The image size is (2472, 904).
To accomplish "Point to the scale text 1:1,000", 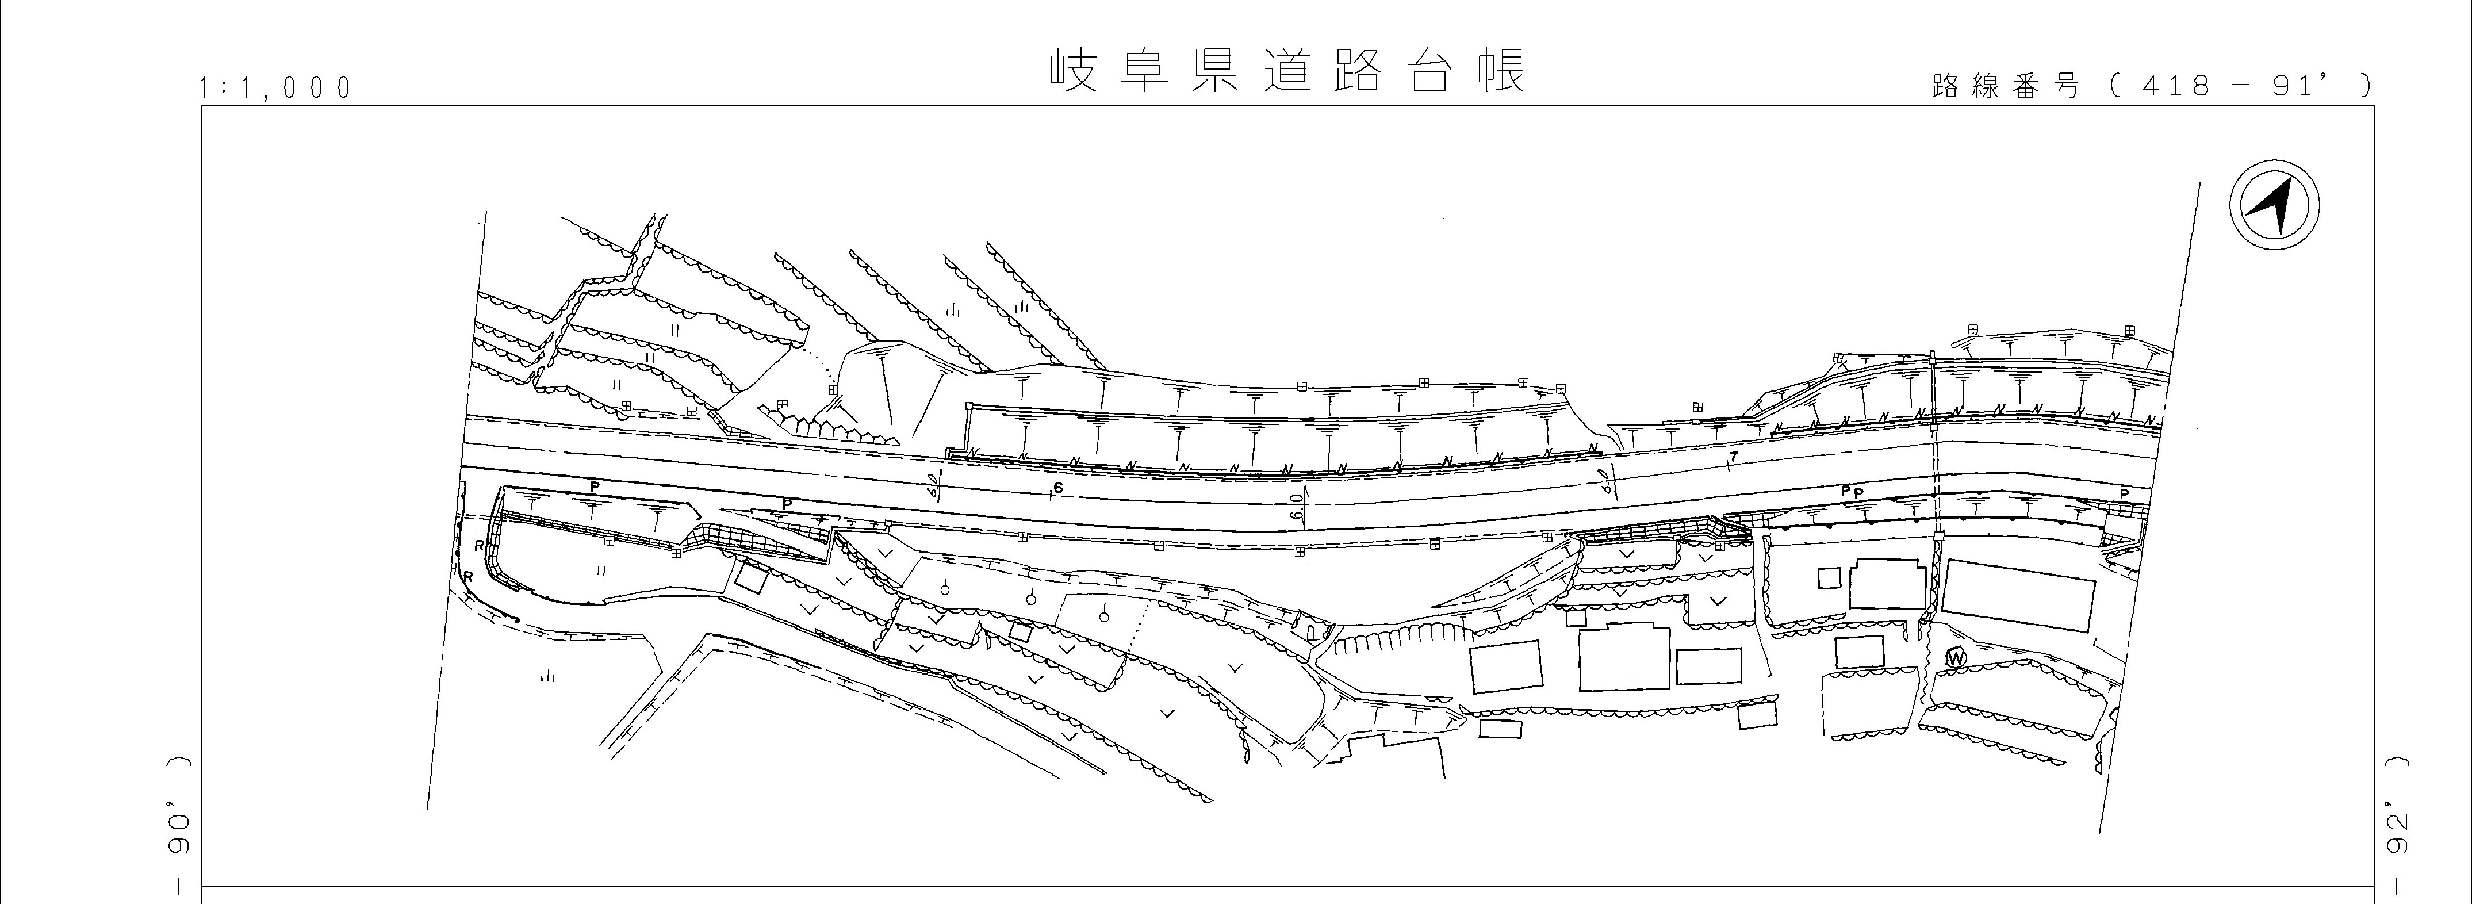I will [275, 89].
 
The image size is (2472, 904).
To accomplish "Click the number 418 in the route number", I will [2170, 86].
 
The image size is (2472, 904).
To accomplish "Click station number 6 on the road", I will [1059, 488].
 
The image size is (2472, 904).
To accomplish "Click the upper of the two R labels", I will [478, 546].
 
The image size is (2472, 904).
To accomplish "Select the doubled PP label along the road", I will [1851, 491].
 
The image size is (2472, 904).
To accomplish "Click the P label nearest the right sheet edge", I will [2124, 494].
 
